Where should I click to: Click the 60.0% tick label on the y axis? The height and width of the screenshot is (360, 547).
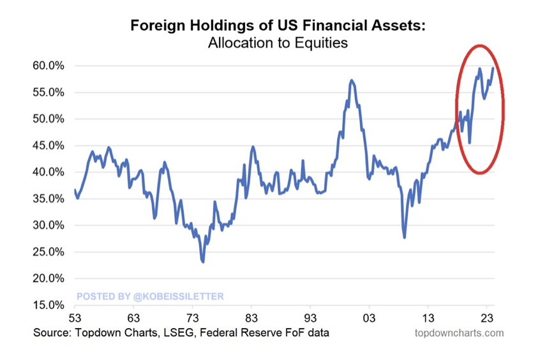pos(49,66)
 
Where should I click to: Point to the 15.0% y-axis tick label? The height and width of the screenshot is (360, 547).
pos(49,305)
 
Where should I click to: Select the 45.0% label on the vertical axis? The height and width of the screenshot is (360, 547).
pos(49,146)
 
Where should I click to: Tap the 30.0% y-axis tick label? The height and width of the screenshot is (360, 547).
pos(49,225)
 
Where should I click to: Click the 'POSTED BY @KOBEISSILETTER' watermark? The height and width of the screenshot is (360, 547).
pos(150,296)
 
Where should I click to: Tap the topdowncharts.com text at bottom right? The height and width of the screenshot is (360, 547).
pos(459,333)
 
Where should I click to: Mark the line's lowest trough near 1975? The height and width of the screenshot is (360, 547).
pos(203,262)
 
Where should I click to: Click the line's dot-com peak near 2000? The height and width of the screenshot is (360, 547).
pos(352,81)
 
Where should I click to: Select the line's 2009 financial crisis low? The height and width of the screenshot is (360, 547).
pos(405,237)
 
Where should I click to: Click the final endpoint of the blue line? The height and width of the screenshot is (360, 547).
pos(493,68)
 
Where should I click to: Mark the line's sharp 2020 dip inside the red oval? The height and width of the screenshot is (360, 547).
pos(470,142)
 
